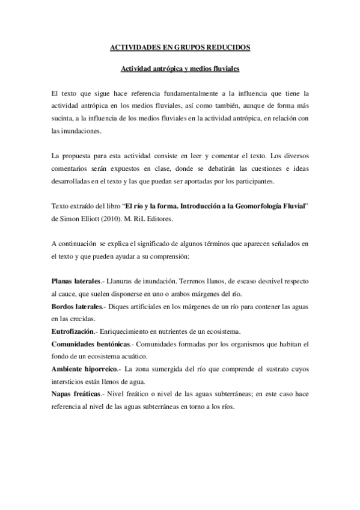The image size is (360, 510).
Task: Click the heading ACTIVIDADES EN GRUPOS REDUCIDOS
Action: coord(180,46)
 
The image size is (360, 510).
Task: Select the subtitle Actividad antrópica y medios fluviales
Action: coord(180,69)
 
